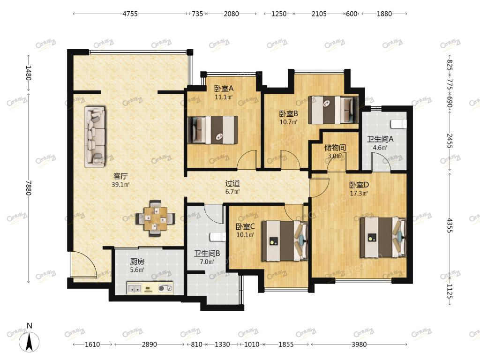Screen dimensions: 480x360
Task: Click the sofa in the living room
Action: point(95,136)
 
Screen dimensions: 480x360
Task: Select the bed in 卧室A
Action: point(213,129)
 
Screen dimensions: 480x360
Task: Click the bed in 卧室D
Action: point(383,237)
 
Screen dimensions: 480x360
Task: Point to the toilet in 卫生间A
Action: point(399,124)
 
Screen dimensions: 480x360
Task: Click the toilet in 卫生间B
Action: point(217,237)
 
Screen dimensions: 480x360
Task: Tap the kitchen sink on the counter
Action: point(135,288)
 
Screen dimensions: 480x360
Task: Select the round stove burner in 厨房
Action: point(162,288)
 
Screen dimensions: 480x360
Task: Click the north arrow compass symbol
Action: point(29,340)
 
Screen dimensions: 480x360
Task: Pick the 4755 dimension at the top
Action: point(130,14)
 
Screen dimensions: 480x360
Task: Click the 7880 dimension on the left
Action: point(28,187)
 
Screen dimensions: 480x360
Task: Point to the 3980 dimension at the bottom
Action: point(359,345)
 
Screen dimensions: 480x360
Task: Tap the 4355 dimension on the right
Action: point(450,225)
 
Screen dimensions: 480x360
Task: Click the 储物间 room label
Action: point(335,148)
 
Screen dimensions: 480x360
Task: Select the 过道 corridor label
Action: point(232,184)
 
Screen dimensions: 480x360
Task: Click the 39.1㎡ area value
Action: point(120,185)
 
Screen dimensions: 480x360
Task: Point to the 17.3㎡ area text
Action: point(359,194)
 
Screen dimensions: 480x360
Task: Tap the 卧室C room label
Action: point(245,227)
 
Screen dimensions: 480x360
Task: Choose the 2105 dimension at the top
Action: point(319,14)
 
